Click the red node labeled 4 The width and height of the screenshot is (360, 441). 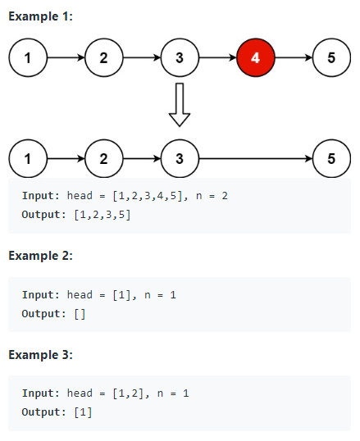pos(255,58)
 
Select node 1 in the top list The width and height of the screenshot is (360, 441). pos(29,58)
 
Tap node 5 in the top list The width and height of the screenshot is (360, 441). pos(331,58)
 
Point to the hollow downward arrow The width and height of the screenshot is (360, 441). pos(180,105)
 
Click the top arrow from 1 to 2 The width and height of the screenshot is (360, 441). pos(66,58)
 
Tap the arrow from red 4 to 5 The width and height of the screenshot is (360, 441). pos(294,58)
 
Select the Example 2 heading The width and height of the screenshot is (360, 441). pos(40,256)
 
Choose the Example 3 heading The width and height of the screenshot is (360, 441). pos(40,354)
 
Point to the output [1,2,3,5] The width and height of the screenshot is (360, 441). pos(102,215)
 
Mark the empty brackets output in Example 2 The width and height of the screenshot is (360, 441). pos(80,313)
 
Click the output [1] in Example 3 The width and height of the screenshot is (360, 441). pos(83,411)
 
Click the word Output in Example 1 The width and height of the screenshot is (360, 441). pos(43,215)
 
